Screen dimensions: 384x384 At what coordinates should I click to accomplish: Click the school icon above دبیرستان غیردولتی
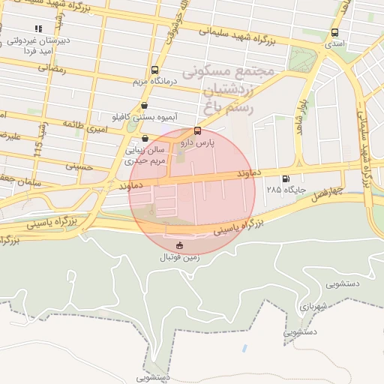click(37, 28)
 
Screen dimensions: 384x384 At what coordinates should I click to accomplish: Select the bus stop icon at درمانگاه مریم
click(154, 69)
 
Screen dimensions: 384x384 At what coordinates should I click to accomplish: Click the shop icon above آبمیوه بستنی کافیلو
click(144, 106)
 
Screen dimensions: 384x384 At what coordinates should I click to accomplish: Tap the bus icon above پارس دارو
click(197, 130)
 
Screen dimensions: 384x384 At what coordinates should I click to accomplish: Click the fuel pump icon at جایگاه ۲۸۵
click(285, 178)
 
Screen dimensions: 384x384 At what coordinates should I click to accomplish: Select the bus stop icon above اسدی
click(334, 33)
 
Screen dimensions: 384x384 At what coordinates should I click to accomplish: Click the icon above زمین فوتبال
click(179, 245)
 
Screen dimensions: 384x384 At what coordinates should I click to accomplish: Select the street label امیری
click(96, 130)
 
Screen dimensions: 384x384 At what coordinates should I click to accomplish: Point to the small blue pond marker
click(245, 349)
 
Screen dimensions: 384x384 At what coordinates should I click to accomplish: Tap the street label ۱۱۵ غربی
click(39, 140)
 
